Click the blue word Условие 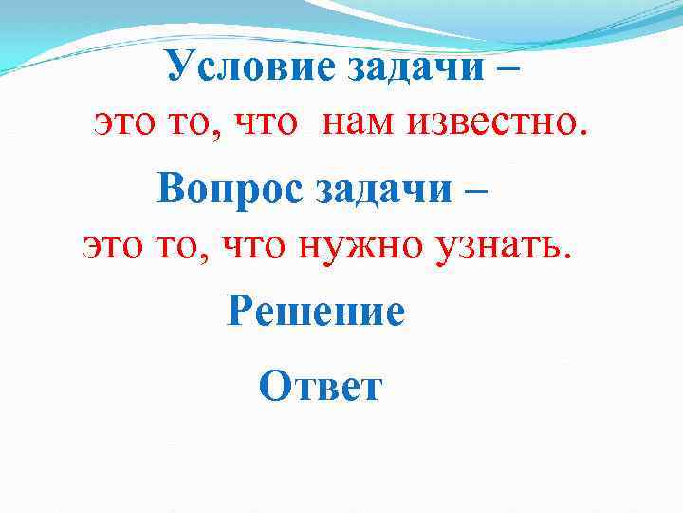(x=228, y=66)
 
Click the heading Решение (x=316, y=311)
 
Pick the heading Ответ (x=320, y=386)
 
